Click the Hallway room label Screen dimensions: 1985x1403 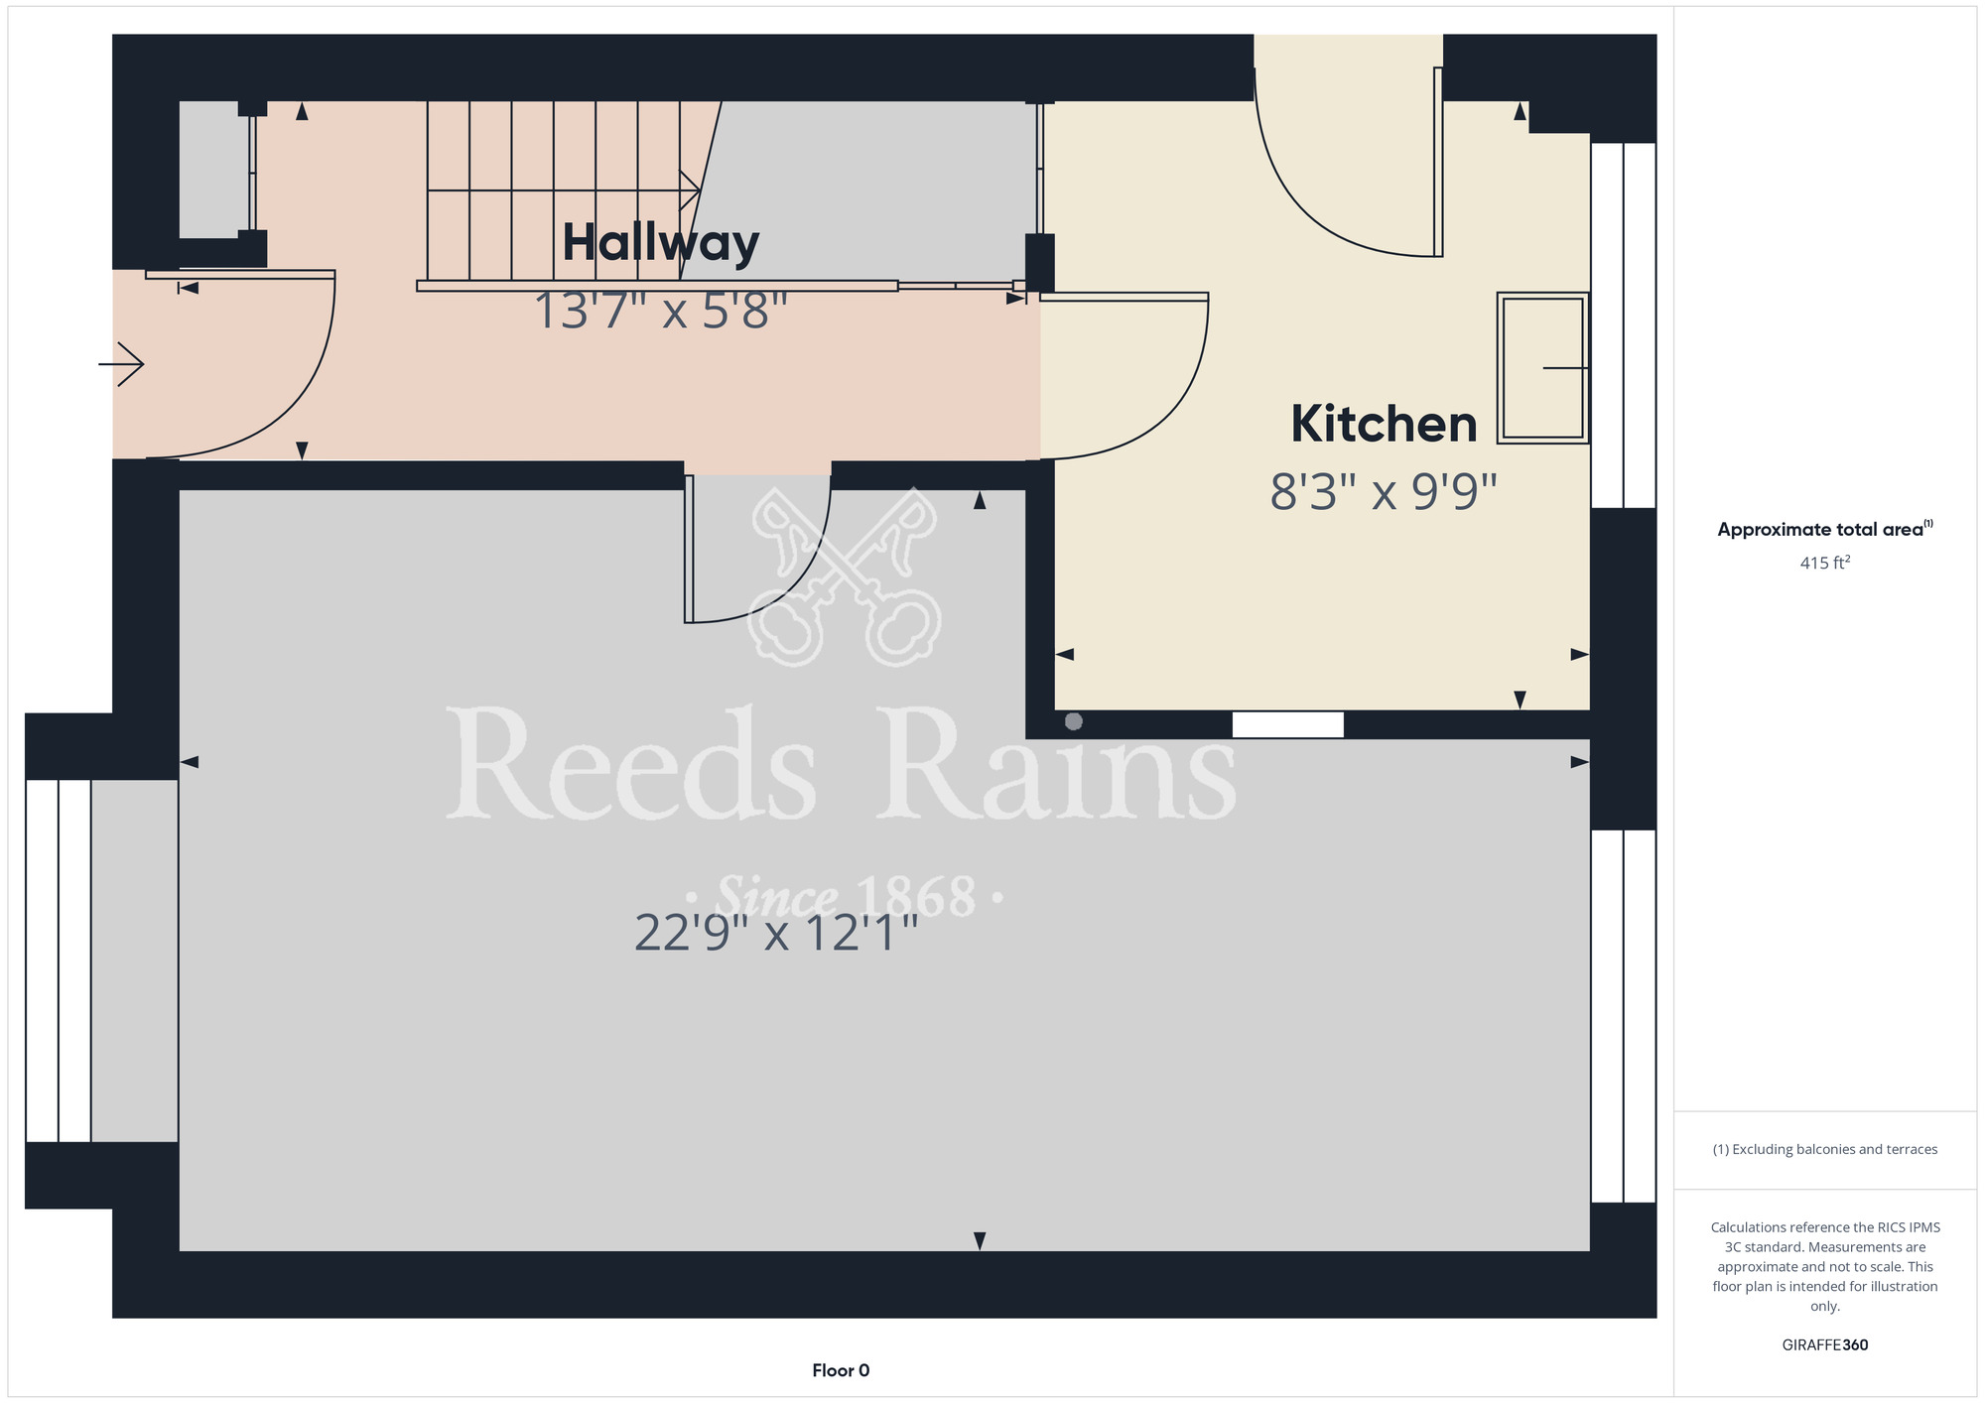pyautogui.click(x=661, y=244)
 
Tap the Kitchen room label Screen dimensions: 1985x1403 pyautogui.click(x=1384, y=425)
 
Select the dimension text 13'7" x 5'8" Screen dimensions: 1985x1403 pyautogui.click(x=661, y=312)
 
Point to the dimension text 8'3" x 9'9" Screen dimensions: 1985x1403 pyautogui.click(x=1384, y=492)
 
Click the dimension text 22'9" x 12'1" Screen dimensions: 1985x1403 pyautogui.click(x=776, y=933)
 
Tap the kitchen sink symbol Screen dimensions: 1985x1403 pyautogui.click(x=1543, y=367)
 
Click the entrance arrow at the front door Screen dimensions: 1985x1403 pyautogui.click(x=121, y=364)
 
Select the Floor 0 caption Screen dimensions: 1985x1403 pyautogui.click(x=841, y=1370)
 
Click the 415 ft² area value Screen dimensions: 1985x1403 pyautogui.click(x=1825, y=563)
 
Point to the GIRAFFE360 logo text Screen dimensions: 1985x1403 pyautogui.click(x=1825, y=1345)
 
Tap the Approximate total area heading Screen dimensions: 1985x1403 pyautogui.click(x=1825, y=529)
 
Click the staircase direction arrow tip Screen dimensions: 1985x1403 pyautogui.click(x=700, y=191)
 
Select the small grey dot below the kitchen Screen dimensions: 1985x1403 pyautogui.click(x=1074, y=721)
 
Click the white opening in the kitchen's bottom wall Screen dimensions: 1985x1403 pyautogui.click(x=1288, y=724)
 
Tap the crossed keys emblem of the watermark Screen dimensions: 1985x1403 pyautogui.click(x=845, y=576)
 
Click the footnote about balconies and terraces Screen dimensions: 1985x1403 pyautogui.click(x=1825, y=1149)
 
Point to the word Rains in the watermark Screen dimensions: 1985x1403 pyautogui.click(x=1058, y=765)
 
